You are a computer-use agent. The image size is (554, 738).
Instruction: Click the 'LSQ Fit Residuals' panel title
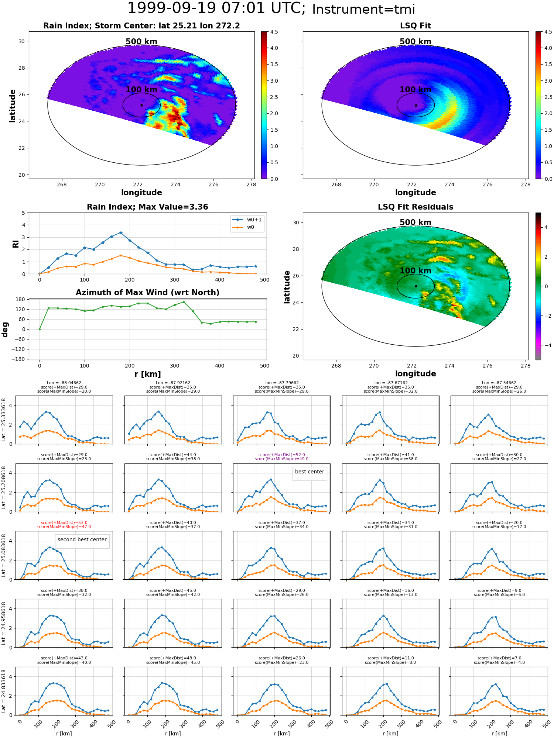415,207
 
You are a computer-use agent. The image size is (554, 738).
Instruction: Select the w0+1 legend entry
247,220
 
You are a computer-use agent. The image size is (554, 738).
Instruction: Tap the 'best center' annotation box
310,472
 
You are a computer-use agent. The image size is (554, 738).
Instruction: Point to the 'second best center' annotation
82,539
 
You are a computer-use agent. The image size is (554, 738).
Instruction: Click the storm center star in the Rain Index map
141,105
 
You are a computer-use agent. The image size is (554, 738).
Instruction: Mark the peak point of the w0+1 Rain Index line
121,232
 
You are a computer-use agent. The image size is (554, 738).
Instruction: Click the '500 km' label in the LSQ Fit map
415,42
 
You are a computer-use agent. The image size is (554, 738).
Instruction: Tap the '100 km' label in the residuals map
415,271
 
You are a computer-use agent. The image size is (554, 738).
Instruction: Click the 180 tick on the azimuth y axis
21,299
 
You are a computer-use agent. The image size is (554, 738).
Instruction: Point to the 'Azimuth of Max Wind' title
147,293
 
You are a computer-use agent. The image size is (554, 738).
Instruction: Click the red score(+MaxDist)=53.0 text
64,523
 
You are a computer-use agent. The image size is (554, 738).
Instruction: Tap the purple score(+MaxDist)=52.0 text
282,455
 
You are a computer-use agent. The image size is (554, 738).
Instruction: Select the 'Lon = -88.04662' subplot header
64,383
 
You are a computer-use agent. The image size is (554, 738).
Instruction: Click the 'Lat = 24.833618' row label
4,691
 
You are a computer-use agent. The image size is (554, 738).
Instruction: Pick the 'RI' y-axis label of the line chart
16,244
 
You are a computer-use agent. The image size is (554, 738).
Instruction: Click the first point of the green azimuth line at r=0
40,329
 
